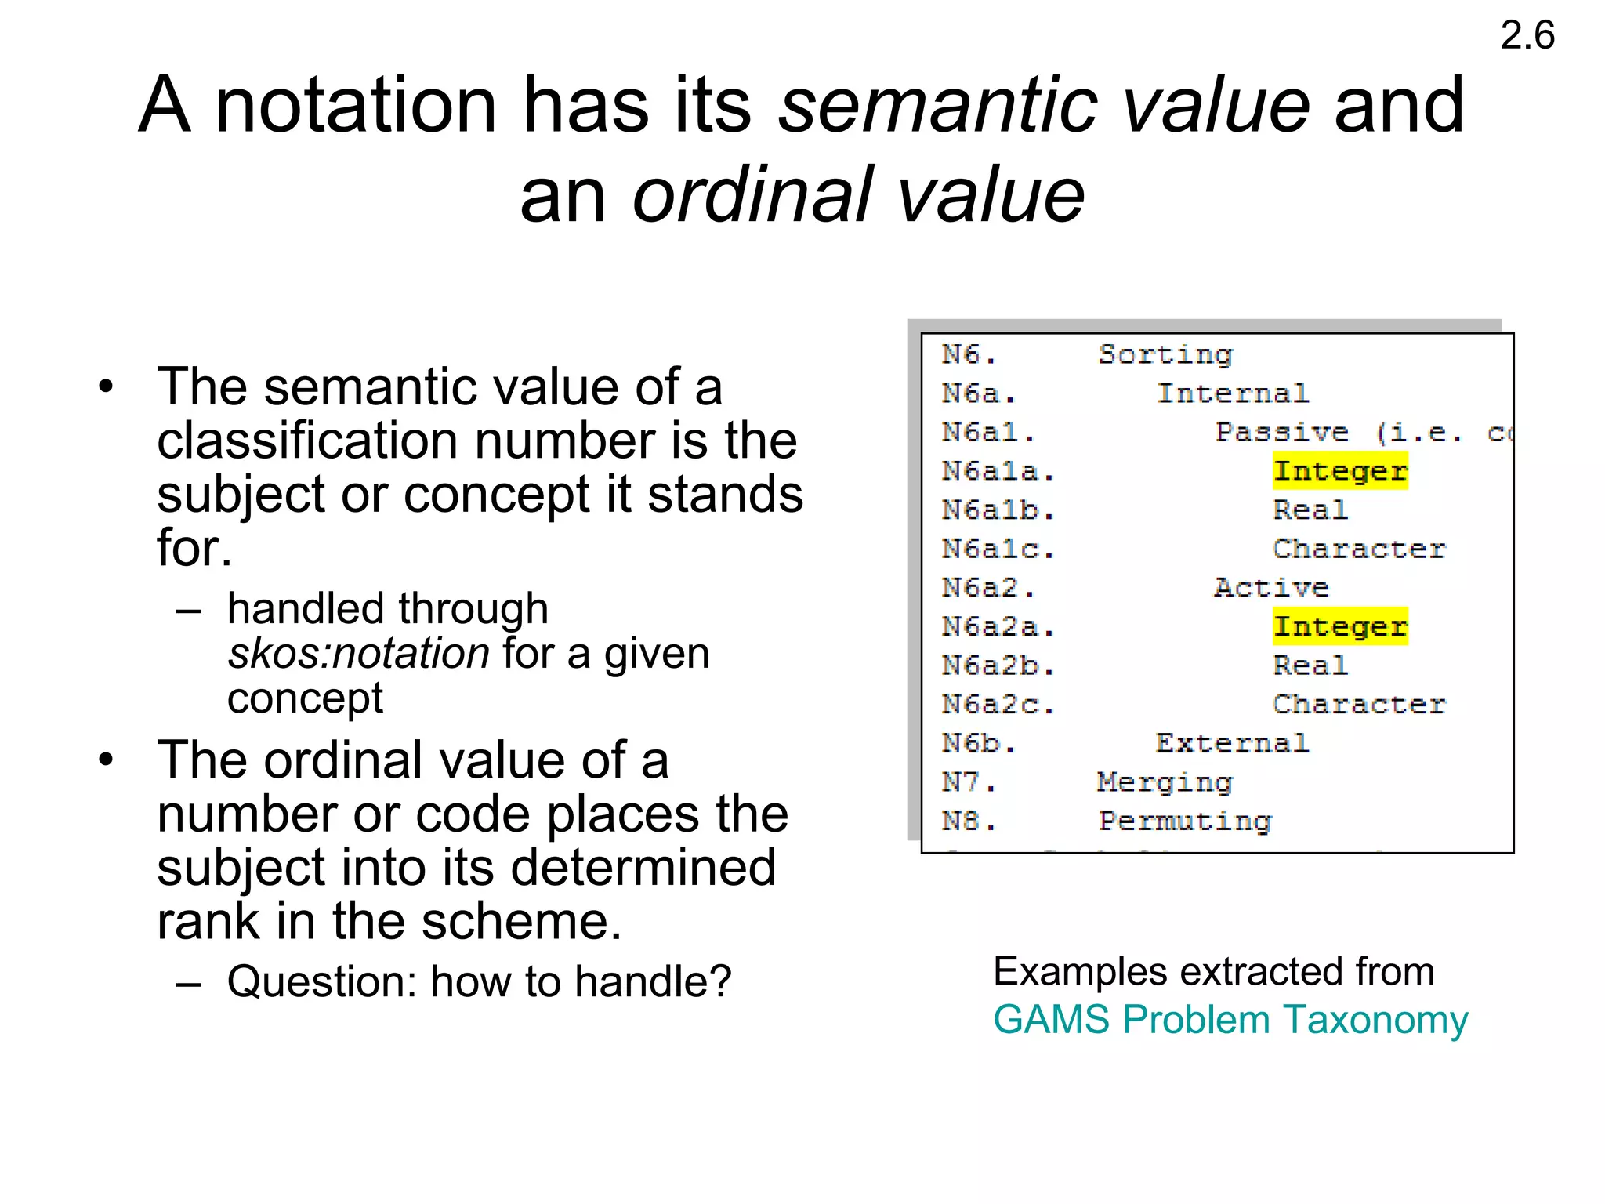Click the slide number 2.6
pos(1527,36)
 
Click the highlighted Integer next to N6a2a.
pos(1340,626)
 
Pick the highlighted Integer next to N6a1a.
pos(1340,471)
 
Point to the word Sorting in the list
pos(1165,355)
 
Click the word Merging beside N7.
pos(1165,782)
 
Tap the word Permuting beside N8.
pos(1185,821)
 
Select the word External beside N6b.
pos(1232,743)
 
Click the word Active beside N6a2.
pos(1271,588)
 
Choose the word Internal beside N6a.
pos(1233,393)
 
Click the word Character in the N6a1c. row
pos(1359,549)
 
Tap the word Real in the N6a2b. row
pos(1310,665)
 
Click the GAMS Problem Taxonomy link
pos(1230,1020)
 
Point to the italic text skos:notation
pos(358,654)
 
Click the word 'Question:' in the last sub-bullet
pos(321,981)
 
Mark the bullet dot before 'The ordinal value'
pos(107,760)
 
